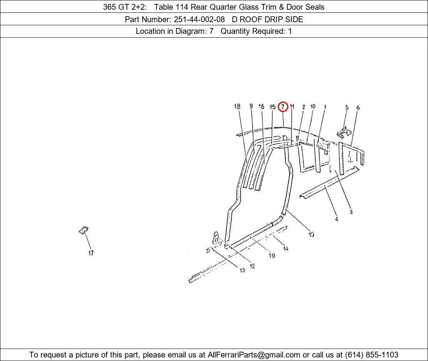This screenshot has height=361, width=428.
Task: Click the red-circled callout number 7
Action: point(283,107)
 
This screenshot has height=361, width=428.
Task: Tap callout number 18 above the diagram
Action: point(237,107)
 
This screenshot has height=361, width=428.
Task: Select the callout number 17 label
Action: point(91,253)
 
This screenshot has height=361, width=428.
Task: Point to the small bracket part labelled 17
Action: point(84,230)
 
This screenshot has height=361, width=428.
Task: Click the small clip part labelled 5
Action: point(344,133)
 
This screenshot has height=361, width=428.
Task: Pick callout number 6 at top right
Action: point(358,107)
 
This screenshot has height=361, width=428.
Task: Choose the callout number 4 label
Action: point(336,219)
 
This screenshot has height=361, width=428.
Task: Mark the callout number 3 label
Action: point(351,212)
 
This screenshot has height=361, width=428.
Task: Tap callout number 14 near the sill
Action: point(286,248)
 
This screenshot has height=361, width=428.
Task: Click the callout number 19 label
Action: point(272,256)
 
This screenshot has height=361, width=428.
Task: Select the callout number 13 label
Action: point(242,270)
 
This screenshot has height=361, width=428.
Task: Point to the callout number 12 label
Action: point(252,266)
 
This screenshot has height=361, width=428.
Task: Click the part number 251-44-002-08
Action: point(199,19)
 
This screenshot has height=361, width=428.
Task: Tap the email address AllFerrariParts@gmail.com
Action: point(254,355)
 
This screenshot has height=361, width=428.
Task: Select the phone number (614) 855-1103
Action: point(372,355)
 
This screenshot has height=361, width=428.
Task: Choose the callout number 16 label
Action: point(261,107)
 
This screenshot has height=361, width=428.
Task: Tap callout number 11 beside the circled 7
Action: point(292,107)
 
